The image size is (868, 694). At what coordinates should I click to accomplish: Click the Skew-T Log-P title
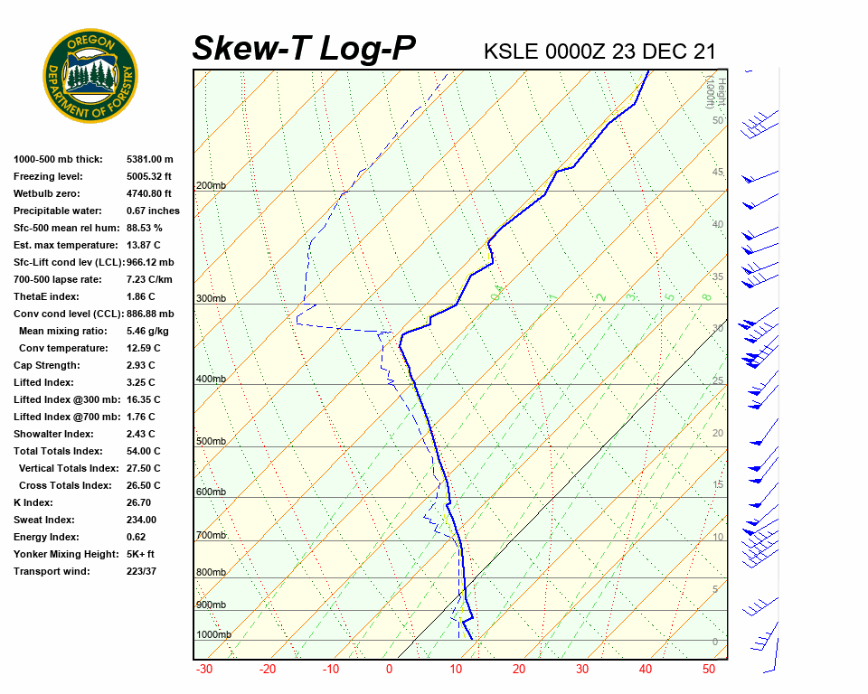click(305, 48)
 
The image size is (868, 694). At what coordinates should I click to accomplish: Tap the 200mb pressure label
click(211, 186)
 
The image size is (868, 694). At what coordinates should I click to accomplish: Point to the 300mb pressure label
click(211, 298)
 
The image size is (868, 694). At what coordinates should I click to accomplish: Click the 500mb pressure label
click(211, 442)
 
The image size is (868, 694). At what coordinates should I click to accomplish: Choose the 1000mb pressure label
click(213, 634)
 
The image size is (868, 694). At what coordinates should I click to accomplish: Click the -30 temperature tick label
click(204, 670)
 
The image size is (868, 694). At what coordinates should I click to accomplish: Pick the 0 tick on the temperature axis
click(390, 670)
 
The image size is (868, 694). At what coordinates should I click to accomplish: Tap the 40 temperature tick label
click(646, 670)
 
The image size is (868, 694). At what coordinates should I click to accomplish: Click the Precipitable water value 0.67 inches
click(153, 211)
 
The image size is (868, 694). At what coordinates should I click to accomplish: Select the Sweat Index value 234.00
click(142, 520)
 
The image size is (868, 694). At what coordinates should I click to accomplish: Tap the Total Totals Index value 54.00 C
click(144, 451)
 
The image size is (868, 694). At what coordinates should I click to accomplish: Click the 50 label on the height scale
click(717, 120)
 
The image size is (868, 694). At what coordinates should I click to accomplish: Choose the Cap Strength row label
click(47, 365)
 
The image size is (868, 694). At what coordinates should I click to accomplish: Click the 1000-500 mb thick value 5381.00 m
click(149, 159)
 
